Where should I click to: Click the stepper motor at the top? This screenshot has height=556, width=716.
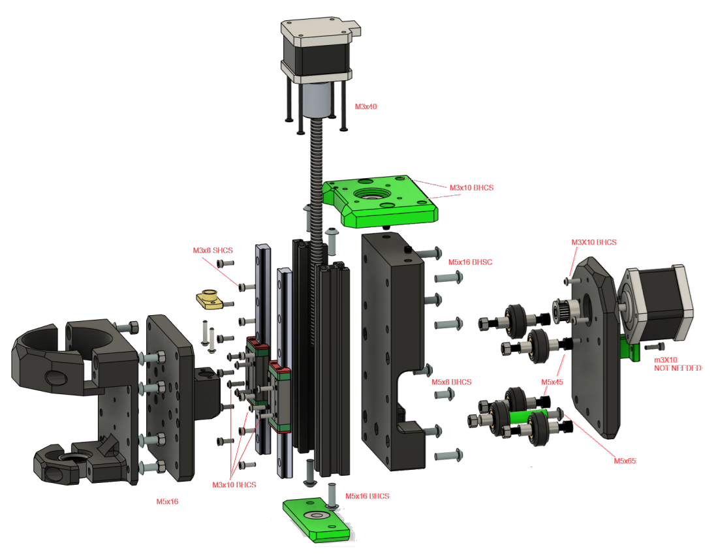[317, 52]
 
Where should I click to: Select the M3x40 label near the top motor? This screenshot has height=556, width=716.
[366, 106]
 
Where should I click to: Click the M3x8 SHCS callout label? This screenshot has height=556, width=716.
[213, 250]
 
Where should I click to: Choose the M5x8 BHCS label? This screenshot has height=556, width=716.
[452, 382]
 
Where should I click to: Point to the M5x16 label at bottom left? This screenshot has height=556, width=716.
[167, 502]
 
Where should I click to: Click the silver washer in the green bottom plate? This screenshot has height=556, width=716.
[319, 516]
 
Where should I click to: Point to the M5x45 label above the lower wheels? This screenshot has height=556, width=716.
[552, 381]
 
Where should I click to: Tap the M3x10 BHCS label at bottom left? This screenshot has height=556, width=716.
[234, 485]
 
